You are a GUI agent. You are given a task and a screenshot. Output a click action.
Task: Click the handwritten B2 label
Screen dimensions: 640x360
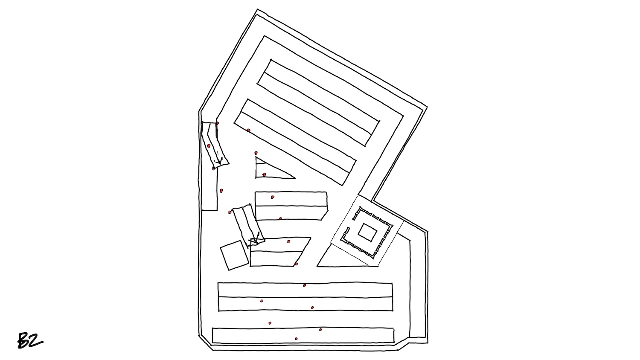click(30, 340)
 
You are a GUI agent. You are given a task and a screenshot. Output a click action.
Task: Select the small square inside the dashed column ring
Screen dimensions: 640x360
click(367, 232)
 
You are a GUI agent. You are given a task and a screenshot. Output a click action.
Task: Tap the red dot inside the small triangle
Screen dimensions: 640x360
click(264, 174)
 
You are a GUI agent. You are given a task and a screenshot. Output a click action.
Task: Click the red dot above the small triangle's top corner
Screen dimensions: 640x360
click(256, 153)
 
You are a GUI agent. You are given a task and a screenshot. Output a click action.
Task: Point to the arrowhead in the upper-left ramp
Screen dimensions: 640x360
click(219, 162)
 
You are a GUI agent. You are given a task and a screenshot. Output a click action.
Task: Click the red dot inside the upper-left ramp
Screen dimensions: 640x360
click(209, 146)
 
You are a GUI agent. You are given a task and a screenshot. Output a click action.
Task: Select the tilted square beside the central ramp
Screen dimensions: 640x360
click(235, 255)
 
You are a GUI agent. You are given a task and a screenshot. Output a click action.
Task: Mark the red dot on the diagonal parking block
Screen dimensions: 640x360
click(249, 130)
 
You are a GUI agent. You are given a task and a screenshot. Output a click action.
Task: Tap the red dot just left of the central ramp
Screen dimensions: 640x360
click(230, 212)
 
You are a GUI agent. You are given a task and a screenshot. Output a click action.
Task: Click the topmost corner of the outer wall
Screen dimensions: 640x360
click(258, 9)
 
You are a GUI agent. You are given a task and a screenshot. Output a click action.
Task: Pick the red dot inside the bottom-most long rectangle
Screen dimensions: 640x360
click(296, 339)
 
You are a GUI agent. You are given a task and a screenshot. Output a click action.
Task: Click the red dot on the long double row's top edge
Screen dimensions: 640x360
click(305, 285)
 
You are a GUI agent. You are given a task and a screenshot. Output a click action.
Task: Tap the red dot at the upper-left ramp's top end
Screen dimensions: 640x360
click(218, 123)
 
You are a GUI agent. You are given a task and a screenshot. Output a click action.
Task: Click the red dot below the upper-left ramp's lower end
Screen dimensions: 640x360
click(213, 169)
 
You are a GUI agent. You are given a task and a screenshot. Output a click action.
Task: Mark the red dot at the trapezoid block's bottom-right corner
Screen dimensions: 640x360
click(296, 264)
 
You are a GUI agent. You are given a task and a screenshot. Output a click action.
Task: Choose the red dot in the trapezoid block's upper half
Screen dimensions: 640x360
click(288, 241)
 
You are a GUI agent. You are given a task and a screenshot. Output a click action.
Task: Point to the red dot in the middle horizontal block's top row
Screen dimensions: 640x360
click(273, 197)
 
